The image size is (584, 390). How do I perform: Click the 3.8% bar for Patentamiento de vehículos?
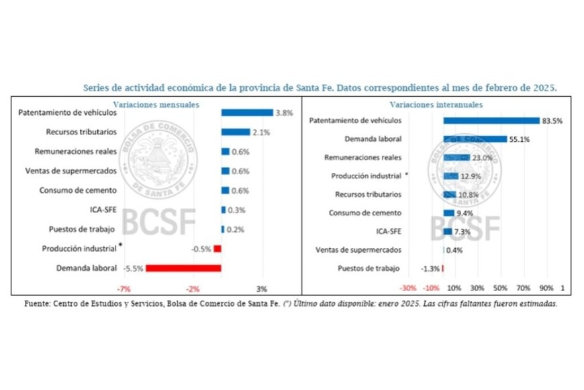(x=246, y=113)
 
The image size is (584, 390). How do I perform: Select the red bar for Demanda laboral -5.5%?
(x=183, y=268)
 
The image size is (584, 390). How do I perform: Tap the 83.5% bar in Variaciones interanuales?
(x=491, y=121)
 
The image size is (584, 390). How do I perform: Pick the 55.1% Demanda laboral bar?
(x=475, y=139)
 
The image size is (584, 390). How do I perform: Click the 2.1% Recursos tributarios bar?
(x=235, y=132)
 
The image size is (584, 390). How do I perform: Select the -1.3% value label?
(x=430, y=269)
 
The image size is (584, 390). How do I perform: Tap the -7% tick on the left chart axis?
(x=124, y=288)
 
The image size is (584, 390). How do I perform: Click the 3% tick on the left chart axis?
(x=262, y=288)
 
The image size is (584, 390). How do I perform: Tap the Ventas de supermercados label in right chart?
(x=358, y=250)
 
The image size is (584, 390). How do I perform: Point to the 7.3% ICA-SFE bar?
(x=448, y=232)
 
